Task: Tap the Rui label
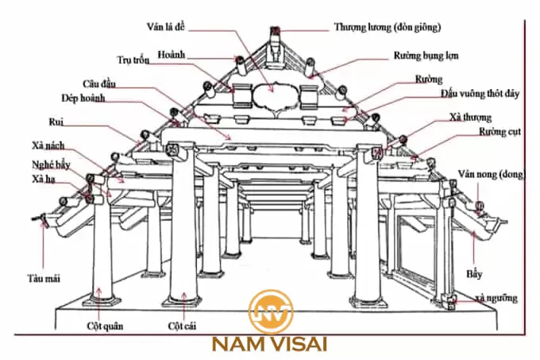tap(54, 123)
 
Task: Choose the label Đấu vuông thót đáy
tap(480, 94)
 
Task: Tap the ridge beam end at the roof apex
tap(276, 34)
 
